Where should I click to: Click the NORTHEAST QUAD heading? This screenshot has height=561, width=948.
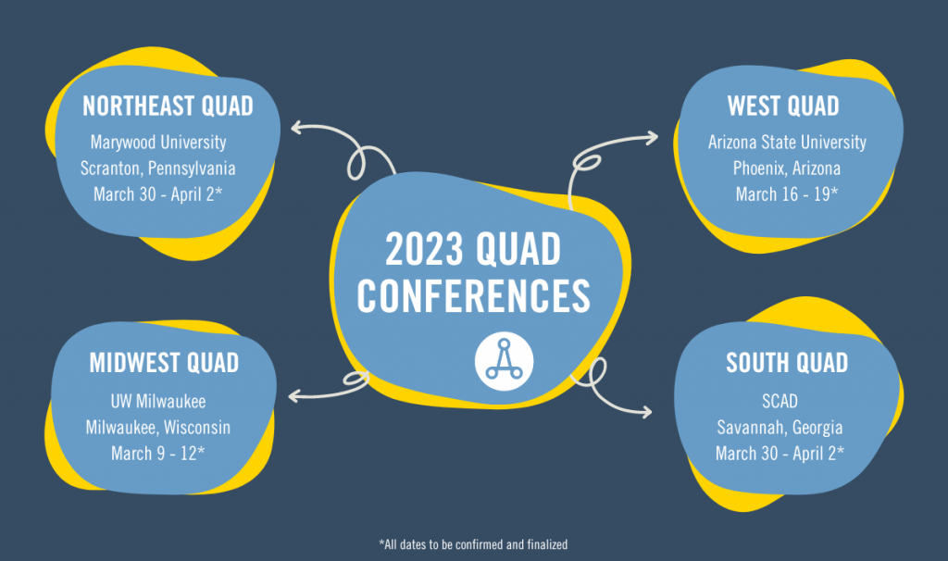pos(168,106)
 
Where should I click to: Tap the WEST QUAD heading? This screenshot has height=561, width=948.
pos(783,106)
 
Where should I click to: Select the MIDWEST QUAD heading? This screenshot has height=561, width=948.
pos(164,363)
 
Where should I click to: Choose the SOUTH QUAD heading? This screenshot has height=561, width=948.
pos(787,362)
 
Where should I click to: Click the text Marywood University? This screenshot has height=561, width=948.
pos(158,143)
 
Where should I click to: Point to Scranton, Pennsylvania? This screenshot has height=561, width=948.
pos(158,169)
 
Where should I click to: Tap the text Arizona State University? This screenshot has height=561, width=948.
pos(787,143)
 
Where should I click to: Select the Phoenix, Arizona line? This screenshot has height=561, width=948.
pos(787,168)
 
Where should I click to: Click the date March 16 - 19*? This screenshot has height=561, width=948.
pos(786,194)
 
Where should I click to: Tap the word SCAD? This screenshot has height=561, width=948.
pos(786,402)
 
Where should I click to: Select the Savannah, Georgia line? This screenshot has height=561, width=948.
pos(786,428)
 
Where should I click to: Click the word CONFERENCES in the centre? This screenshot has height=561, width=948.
pos(474,294)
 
